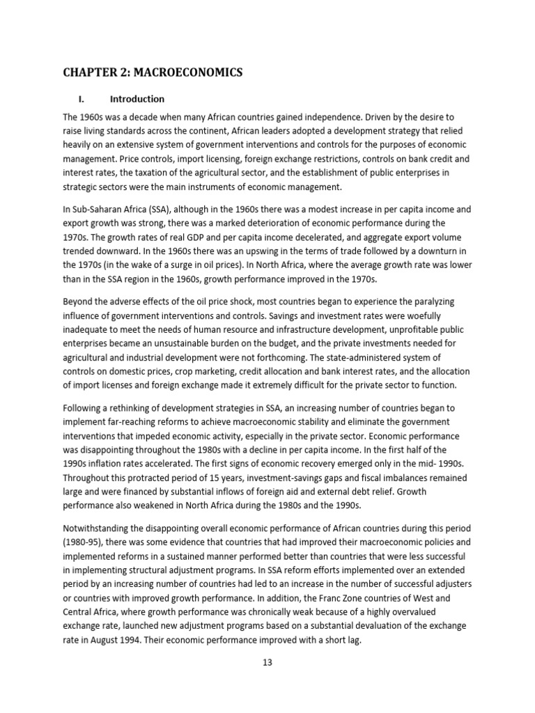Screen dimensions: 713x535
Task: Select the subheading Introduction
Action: click(x=137, y=99)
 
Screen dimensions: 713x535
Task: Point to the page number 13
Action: click(x=267, y=662)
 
